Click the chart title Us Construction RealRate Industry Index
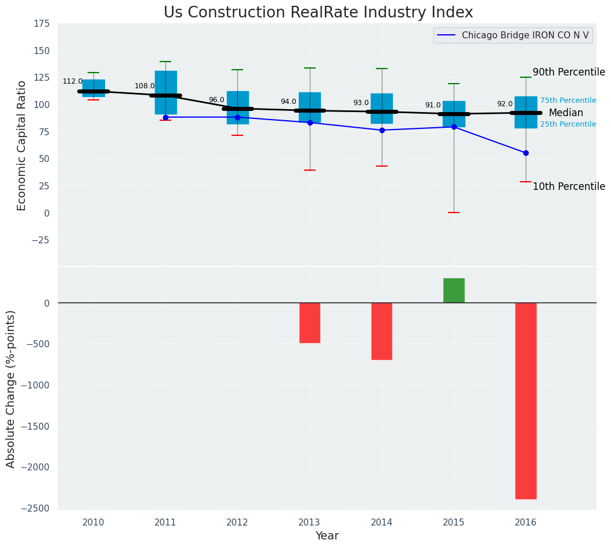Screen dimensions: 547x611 point(318,13)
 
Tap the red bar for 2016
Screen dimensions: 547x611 point(526,401)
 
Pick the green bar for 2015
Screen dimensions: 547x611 point(454,290)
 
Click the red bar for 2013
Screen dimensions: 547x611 point(310,323)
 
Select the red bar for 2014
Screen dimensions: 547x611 point(382,331)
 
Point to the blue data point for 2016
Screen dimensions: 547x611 point(526,153)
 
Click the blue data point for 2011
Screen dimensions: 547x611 point(165,117)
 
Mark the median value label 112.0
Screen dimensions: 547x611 point(73,81)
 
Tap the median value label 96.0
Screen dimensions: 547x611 point(216,100)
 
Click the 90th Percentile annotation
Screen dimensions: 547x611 point(569,72)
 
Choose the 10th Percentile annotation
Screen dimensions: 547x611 point(569,186)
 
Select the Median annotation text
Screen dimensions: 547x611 point(566,113)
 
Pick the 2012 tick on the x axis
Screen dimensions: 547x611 point(237,523)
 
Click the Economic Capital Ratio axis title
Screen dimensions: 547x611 point(22,145)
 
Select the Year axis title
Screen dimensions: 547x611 point(327,536)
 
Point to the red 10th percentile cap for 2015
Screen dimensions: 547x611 point(454,213)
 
